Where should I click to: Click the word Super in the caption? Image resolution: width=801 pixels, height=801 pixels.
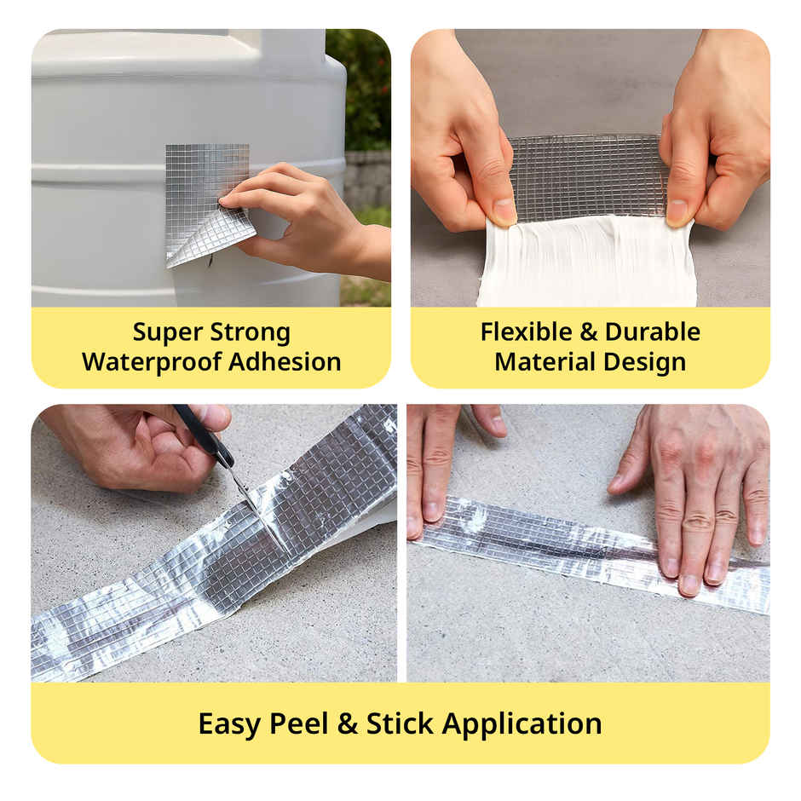click(168, 332)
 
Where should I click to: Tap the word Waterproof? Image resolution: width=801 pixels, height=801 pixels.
click(151, 362)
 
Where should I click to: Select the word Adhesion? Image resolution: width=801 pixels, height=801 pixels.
click(285, 361)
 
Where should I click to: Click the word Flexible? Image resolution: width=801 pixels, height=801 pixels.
click(526, 332)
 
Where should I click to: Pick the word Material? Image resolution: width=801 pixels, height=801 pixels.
click(545, 361)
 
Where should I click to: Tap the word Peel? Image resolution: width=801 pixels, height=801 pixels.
click(299, 723)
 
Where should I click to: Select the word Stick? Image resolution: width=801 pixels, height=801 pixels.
click(400, 723)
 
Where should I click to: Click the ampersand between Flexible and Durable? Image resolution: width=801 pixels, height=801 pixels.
click(589, 332)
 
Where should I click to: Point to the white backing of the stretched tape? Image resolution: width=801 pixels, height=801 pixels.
click(586, 262)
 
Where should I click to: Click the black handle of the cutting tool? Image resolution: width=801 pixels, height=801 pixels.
click(203, 435)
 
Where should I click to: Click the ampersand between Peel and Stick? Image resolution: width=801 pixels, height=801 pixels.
click(348, 724)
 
